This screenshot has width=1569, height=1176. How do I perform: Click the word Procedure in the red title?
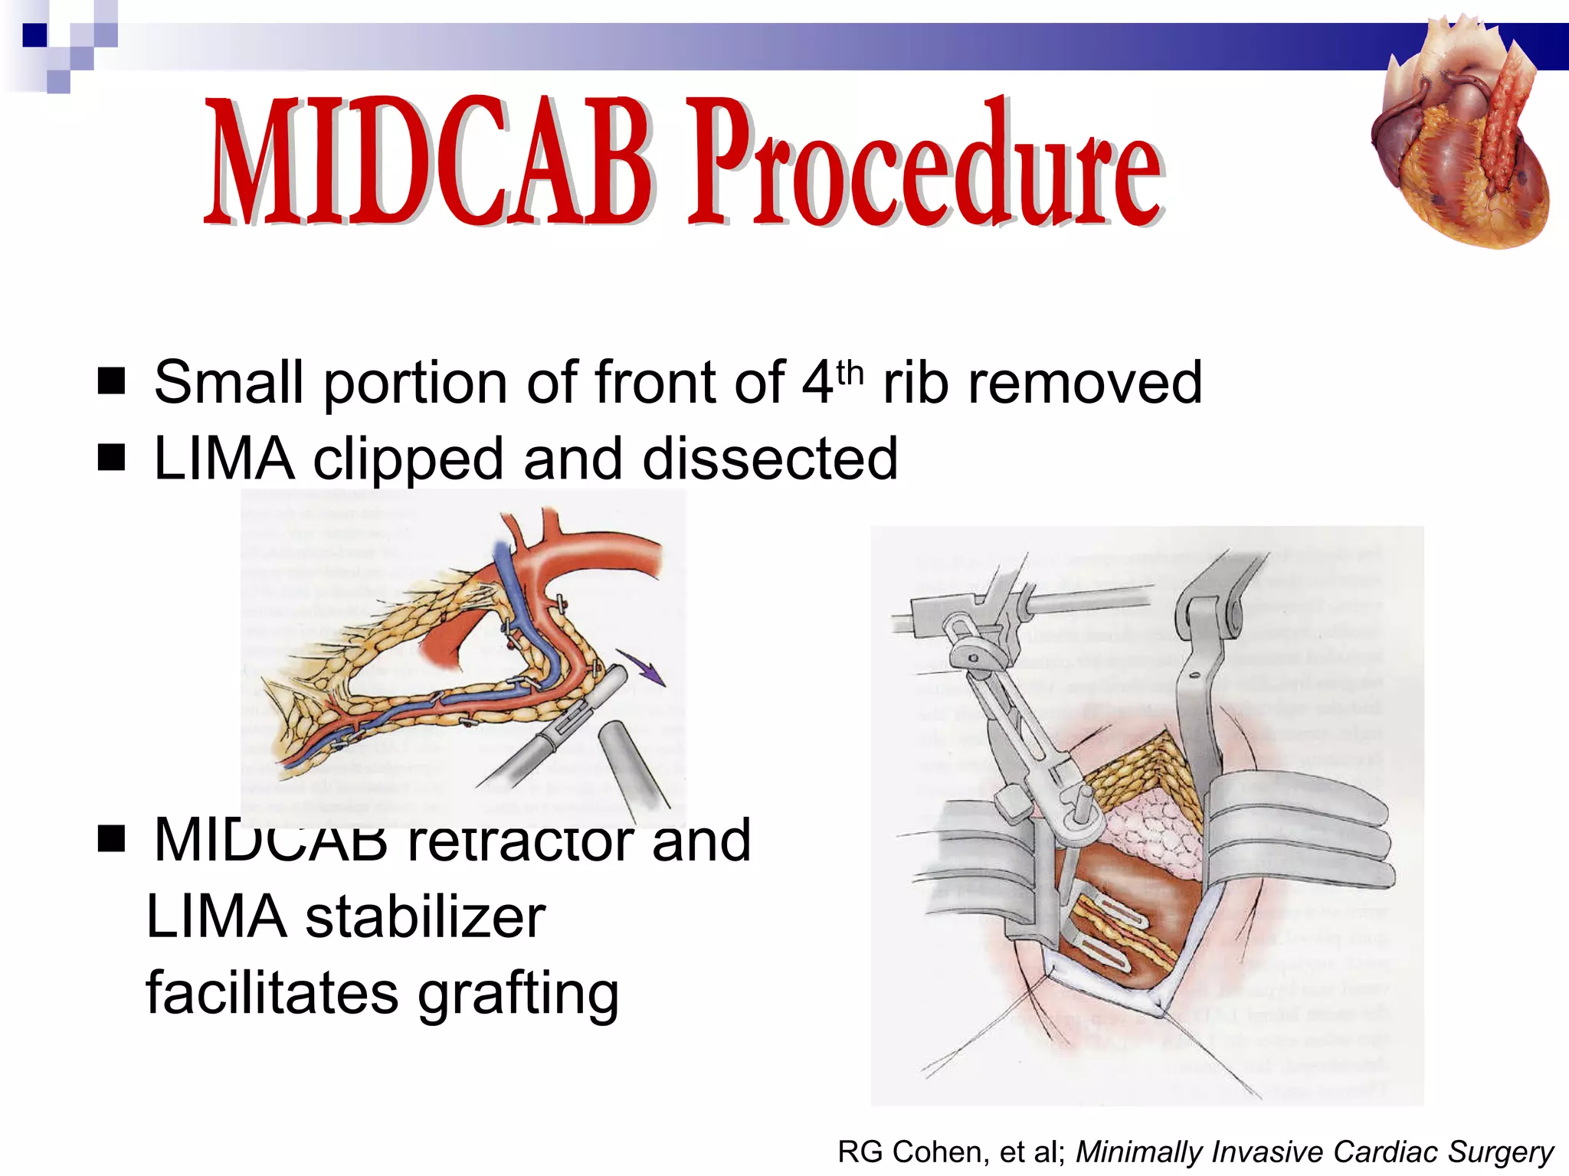pyautogui.click(x=927, y=165)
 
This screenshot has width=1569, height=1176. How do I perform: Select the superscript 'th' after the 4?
pyautogui.click(x=850, y=374)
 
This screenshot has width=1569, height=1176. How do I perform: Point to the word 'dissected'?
pyautogui.click(x=770, y=459)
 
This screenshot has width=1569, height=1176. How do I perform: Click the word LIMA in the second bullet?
pyautogui.click(x=224, y=459)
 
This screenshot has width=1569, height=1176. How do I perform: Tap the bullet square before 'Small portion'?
pyautogui.click(x=112, y=381)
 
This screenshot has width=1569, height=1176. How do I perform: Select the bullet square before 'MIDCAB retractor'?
pyautogui.click(x=112, y=838)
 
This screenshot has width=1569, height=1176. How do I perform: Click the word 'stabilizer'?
pyautogui.click(x=425, y=917)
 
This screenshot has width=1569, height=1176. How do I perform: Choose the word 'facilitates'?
pyautogui.click(x=272, y=993)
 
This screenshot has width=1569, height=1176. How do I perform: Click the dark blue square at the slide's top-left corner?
pyautogui.click(x=34, y=35)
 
